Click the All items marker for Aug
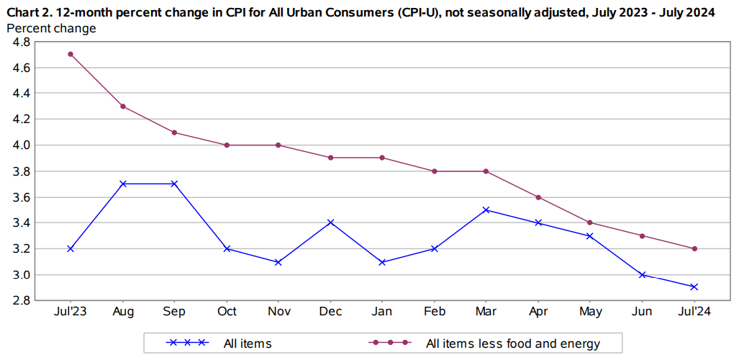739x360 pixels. click(x=123, y=184)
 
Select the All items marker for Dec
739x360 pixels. click(x=330, y=222)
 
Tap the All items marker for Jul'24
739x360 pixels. click(x=694, y=287)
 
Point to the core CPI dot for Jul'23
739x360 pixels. click(x=71, y=54)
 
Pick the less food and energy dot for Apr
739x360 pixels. click(x=538, y=197)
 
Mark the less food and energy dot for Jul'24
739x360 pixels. click(x=694, y=248)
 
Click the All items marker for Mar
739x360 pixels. click(x=486, y=210)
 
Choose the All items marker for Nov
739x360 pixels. click(x=278, y=262)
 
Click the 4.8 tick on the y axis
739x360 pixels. click(x=21, y=42)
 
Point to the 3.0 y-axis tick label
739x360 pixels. click(x=21, y=275)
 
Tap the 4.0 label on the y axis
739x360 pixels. click(x=21, y=145)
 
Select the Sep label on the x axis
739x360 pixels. click(x=175, y=312)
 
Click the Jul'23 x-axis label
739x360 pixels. click(x=71, y=312)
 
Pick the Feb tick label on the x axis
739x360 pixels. click(x=434, y=312)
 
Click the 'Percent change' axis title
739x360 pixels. click(x=51, y=29)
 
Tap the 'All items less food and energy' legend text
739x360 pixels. click(x=513, y=343)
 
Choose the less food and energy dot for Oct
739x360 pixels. click(x=227, y=145)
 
